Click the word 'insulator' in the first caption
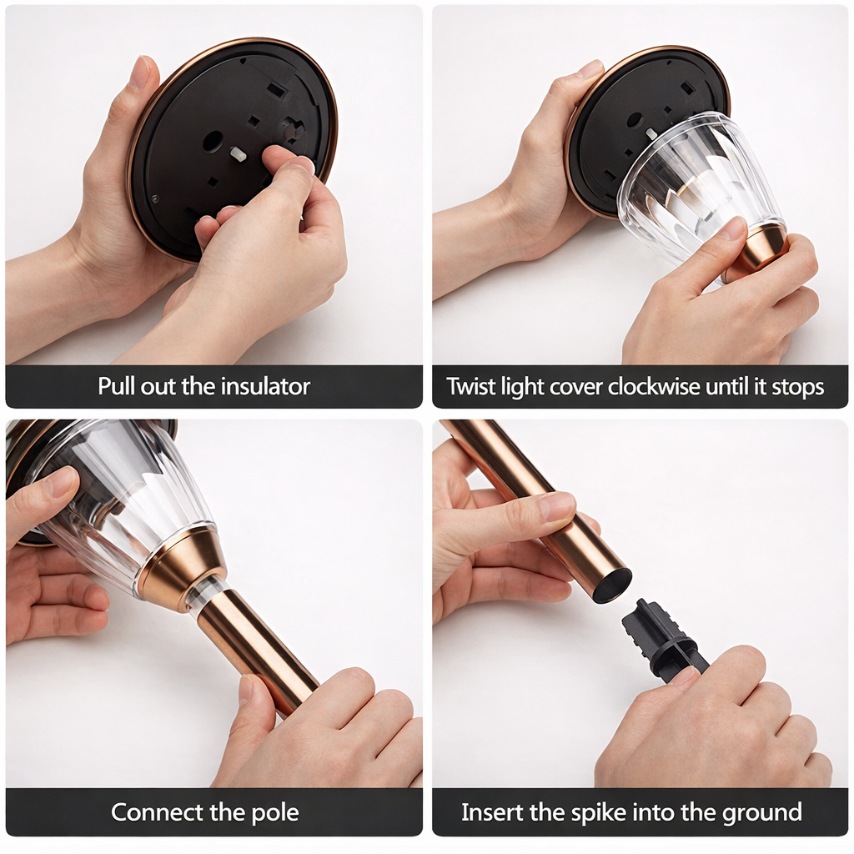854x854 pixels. coord(265,386)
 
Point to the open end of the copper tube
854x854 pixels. coord(611,585)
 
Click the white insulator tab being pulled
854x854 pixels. coord(238,154)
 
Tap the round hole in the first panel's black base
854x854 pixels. coord(213,141)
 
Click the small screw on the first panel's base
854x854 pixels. coord(154,198)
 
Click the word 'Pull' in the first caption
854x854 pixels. coord(116,386)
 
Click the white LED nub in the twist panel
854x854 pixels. coord(651,133)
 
